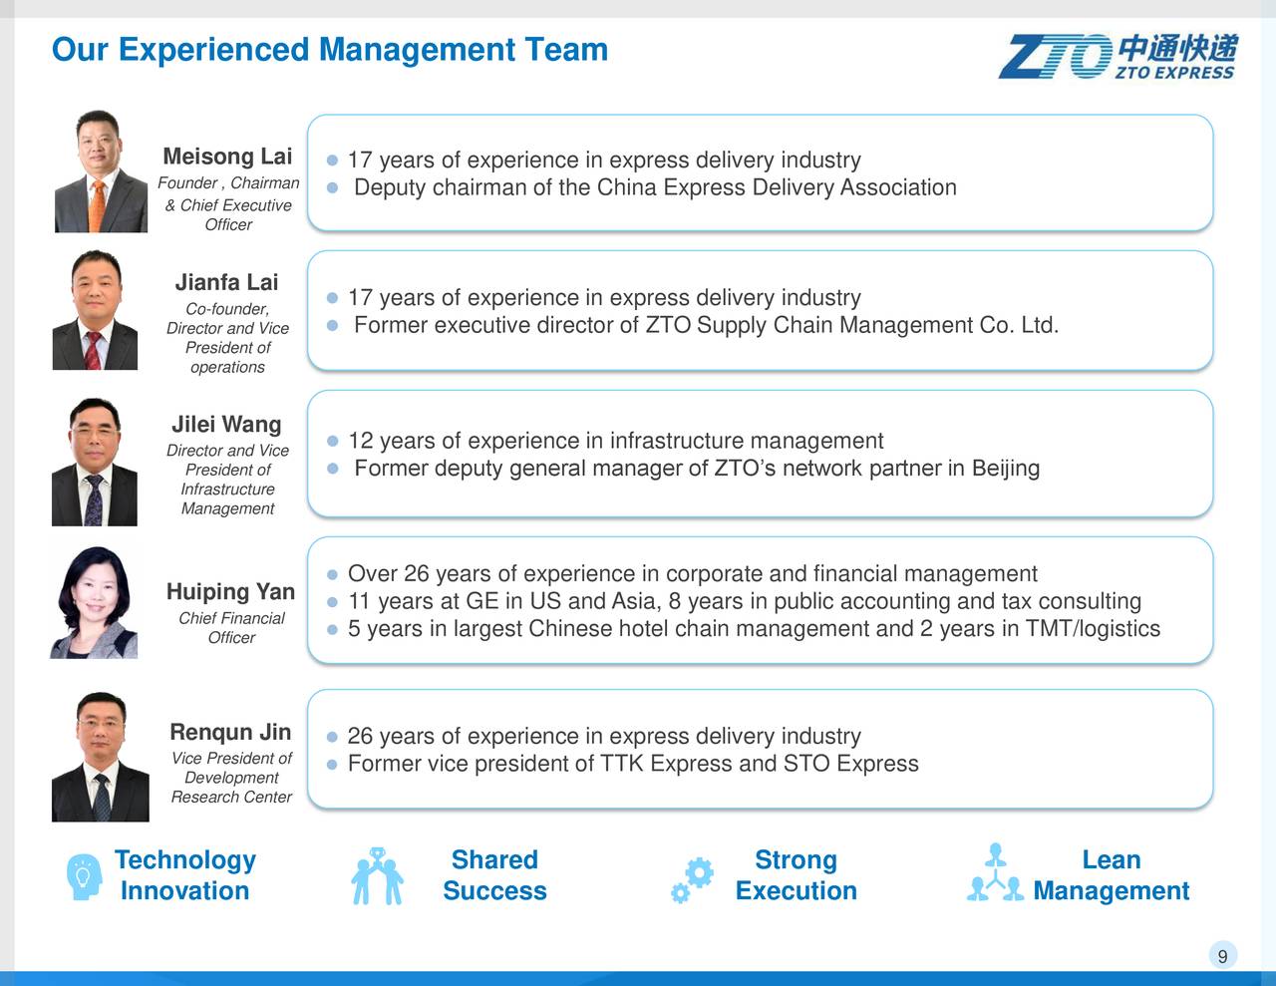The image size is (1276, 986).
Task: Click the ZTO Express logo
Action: click(x=1117, y=56)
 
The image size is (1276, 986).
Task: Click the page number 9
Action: click(x=1222, y=956)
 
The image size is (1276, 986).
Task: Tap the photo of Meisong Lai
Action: click(x=101, y=171)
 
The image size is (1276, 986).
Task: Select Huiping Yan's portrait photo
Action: click(x=95, y=602)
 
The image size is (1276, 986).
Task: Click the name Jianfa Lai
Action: click(x=226, y=282)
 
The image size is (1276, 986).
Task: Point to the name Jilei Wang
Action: click(x=226, y=425)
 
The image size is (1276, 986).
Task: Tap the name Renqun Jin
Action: click(x=230, y=733)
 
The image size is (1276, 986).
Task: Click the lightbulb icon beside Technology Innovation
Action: click(x=84, y=876)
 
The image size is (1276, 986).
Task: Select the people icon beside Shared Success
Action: click(x=377, y=876)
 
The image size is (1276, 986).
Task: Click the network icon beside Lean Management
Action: click(x=994, y=874)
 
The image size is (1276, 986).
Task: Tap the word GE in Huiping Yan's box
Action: click(x=482, y=601)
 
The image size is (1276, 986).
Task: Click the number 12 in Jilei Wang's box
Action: click(x=360, y=441)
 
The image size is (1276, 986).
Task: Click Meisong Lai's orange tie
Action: click(x=98, y=203)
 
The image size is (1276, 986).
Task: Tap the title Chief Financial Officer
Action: click(x=231, y=628)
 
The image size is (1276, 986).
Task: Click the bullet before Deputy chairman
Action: click(x=333, y=187)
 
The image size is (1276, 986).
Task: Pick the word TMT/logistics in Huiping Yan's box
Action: click(x=1093, y=629)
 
